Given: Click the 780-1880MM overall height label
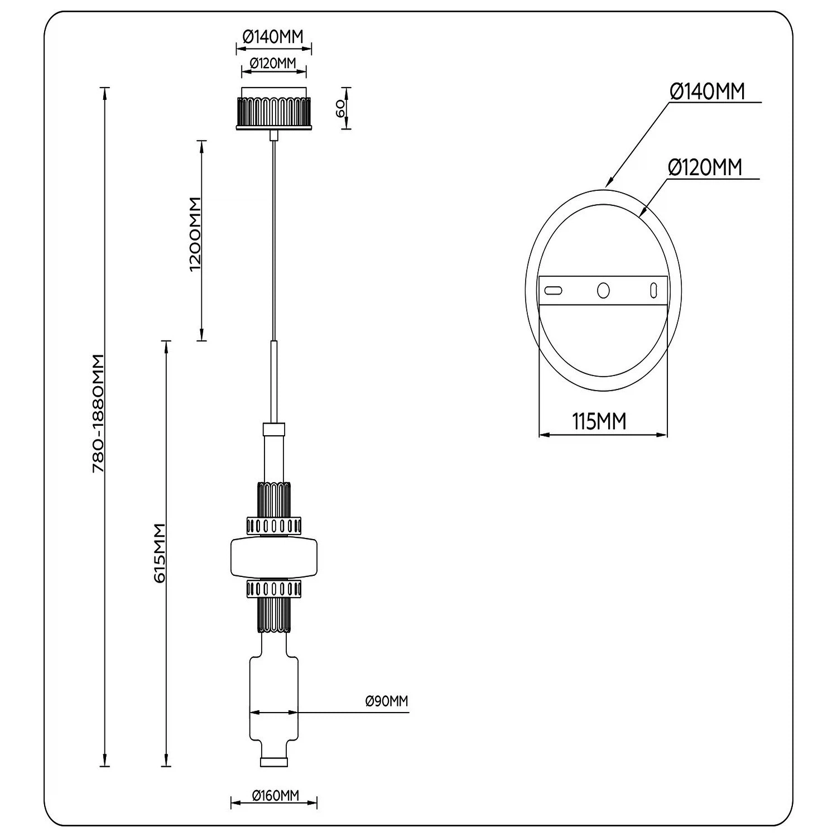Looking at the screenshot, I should [x=99, y=413].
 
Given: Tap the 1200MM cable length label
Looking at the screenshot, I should [x=195, y=234].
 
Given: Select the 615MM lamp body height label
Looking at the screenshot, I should [x=160, y=553].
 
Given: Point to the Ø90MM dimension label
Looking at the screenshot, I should [x=387, y=701].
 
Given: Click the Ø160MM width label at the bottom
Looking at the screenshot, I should [x=275, y=796].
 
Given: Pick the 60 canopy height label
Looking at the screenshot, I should [x=340, y=109].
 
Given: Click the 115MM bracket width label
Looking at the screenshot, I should [x=599, y=422].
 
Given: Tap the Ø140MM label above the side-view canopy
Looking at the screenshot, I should [x=273, y=37].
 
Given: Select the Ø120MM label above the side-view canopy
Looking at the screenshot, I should [x=273, y=62].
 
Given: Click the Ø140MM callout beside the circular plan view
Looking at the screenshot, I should [x=708, y=92].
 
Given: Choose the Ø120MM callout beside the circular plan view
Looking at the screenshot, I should [x=705, y=167].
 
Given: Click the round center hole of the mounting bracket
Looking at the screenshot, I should [x=603, y=290].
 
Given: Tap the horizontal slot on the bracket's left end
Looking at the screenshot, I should [x=553, y=290].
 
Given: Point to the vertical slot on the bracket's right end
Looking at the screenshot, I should [x=652, y=291].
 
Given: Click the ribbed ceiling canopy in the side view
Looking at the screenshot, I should [x=273, y=112].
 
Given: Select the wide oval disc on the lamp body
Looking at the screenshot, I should [x=274, y=556].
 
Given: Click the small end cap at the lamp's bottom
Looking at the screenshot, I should [x=273, y=762].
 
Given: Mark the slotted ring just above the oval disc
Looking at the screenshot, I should [x=274, y=526].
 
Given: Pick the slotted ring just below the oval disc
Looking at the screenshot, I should [x=274, y=589].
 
